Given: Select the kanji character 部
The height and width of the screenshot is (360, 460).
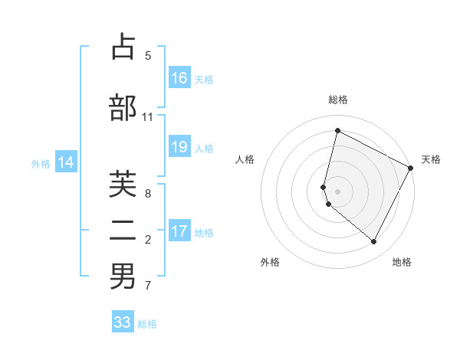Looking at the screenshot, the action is click(123, 108).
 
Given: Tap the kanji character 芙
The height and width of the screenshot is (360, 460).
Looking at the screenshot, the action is click(123, 184).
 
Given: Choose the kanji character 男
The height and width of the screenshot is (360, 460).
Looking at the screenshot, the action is click(123, 277).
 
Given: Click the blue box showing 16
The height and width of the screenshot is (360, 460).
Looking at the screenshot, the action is click(179, 78).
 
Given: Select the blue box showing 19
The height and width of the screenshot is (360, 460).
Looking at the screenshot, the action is click(179, 147).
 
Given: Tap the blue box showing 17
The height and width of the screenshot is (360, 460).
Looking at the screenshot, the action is click(179, 231).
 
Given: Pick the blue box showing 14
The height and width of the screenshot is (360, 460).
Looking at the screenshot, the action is click(66, 162).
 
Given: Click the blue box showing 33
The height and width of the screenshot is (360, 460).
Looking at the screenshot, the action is click(123, 322).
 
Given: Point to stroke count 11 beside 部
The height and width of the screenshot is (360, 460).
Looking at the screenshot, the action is click(148, 117).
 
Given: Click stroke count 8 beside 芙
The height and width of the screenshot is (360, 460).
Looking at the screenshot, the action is click(148, 193).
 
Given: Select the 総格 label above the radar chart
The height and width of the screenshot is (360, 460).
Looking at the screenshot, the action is click(338, 100).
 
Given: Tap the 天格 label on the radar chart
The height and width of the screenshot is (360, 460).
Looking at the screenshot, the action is click(431, 159).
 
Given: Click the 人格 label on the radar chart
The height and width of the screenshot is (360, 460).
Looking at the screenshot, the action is click(245, 159).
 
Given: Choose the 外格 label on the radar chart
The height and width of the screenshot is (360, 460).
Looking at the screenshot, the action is click(270, 262).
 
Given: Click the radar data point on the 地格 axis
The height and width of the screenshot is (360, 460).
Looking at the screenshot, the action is click(374, 242).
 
